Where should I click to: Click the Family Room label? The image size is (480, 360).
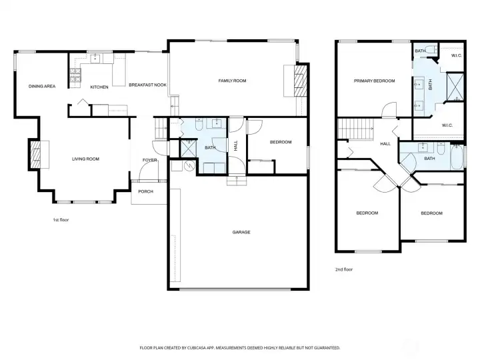click(232, 81)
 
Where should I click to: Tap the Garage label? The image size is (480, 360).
click(241, 233)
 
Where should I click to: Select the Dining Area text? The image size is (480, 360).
click(42, 86)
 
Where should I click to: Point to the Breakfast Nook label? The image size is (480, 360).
click(147, 85)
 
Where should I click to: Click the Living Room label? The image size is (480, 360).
click(85, 159)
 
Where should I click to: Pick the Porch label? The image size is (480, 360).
click(145, 191)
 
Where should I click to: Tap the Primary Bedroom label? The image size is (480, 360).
click(374, 81)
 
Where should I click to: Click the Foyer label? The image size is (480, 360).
click(150, 160)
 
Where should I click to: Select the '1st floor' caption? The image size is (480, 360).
click(61, 220)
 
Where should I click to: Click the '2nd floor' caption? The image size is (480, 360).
click(344, 269)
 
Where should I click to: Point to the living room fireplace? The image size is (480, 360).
click(35, 154)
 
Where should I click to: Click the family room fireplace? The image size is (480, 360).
click(300, 81)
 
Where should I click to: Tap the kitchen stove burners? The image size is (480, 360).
click(75, 75)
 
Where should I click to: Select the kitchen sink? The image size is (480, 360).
click(95, 58)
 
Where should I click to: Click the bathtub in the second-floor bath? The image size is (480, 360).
click(457, 157)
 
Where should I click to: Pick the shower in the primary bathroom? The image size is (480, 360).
click(455, 87)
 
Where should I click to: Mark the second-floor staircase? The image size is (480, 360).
click(355, 129)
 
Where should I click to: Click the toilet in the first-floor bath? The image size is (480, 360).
click(199, 124)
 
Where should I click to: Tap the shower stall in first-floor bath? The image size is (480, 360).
click(188, 149)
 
